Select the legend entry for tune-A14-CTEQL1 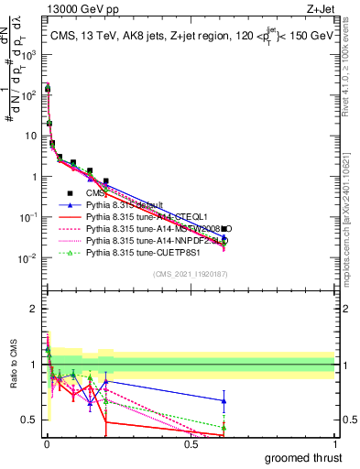[142, 216]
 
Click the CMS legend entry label [95, 192]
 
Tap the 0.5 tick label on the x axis [191, 442]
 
